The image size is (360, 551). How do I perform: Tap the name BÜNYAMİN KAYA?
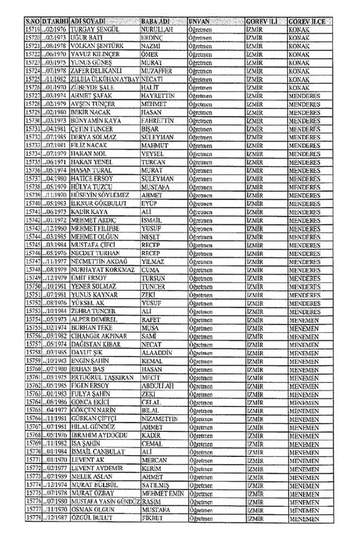95,120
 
